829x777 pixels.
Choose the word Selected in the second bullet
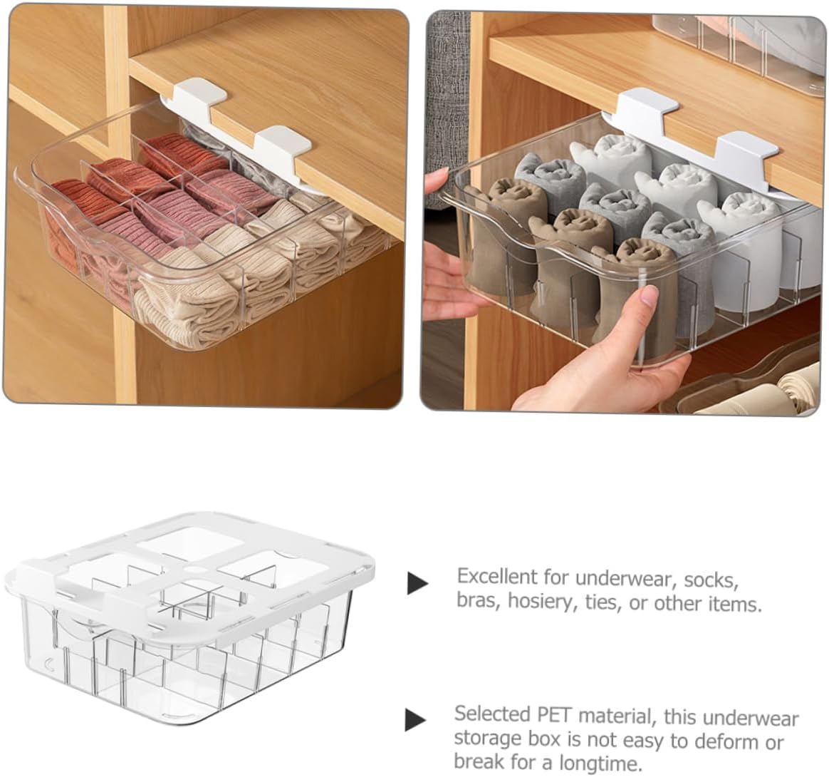(x=491, y=714)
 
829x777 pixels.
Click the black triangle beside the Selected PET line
(x=415, y=719)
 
